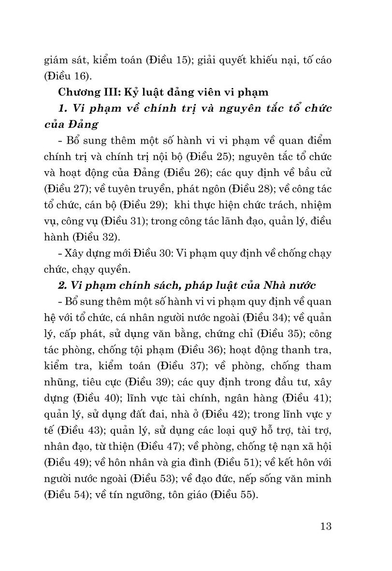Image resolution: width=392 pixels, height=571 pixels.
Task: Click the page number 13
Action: coord(325,526)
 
